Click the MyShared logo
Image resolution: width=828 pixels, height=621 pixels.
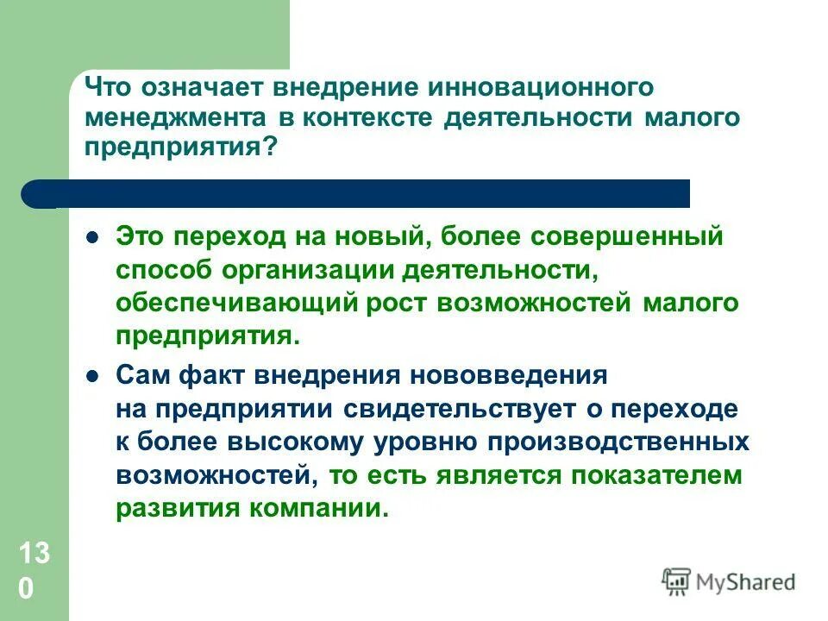click(729, 581)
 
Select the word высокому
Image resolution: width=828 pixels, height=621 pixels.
click(293, 442)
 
